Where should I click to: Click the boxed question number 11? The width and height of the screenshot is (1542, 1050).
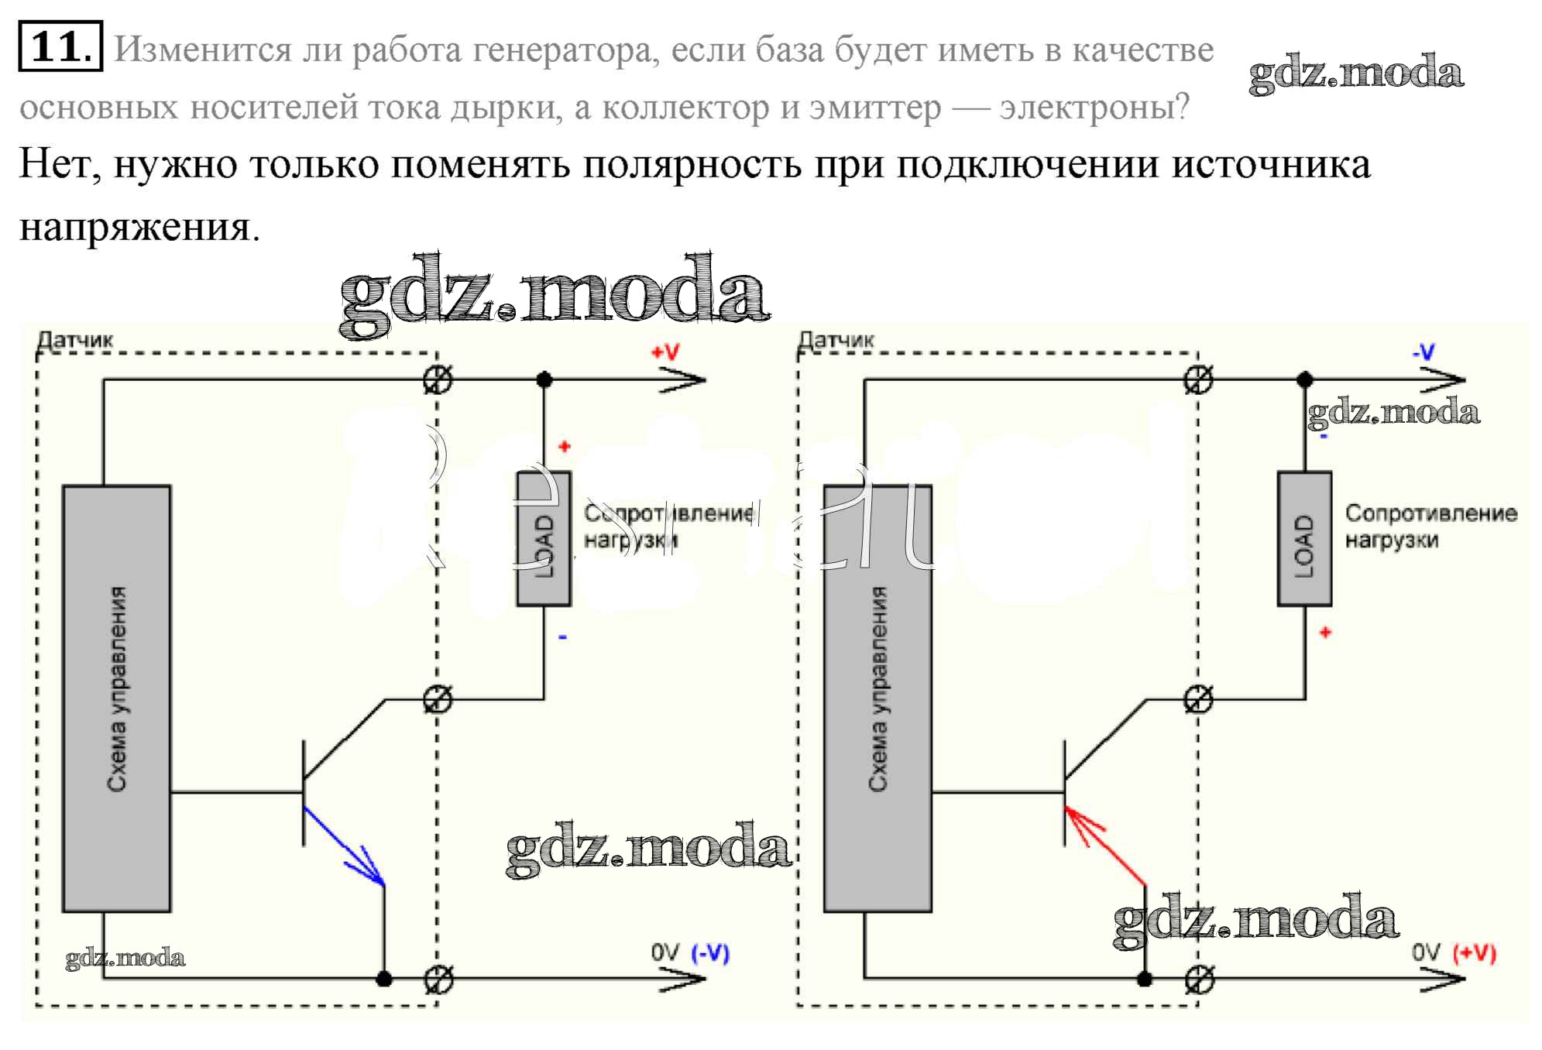point(60,46)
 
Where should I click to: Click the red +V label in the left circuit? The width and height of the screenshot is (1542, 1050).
point(665,352)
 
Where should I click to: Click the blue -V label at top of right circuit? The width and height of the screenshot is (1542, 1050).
point(1424,352)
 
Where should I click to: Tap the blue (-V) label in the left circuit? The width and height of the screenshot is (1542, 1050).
point(710,953)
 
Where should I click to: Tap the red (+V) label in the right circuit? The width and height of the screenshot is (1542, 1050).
point(1474,953)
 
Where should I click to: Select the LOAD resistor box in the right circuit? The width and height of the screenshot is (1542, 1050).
point(1304,538)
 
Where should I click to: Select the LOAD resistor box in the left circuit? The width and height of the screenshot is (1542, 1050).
point(544,538)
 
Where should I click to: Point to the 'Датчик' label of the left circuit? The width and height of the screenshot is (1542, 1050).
point(75,340)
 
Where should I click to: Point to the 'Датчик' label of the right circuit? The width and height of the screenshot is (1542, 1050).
point(836,340)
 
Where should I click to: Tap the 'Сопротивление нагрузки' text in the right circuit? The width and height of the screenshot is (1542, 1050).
point(1430,526)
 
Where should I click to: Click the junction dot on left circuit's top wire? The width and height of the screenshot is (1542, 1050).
point(544,379)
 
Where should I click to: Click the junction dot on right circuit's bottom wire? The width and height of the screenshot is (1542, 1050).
point(1145,979)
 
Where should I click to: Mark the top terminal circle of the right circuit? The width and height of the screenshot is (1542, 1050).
point(1199,379)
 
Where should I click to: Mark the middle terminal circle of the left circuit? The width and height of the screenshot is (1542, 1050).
point(438,700)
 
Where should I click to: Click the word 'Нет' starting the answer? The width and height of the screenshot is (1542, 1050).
point(59,164)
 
